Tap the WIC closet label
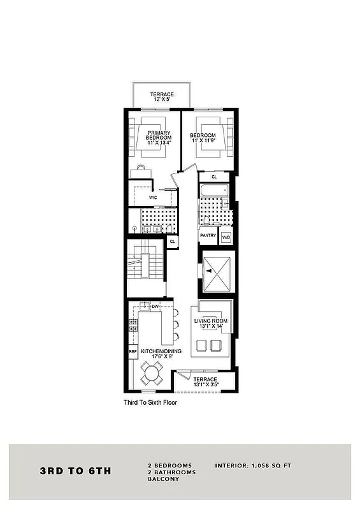pos(154,198)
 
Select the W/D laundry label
pos(226,237)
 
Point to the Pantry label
pos(208,235)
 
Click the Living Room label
pos(211,323)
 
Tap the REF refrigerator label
pos(133,351)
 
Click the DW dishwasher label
pos(155,307)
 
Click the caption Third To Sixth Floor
pos(150,403)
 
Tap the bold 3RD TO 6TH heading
pos(76,472)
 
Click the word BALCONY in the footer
pos(163,479)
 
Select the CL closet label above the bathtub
pos(214,177)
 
